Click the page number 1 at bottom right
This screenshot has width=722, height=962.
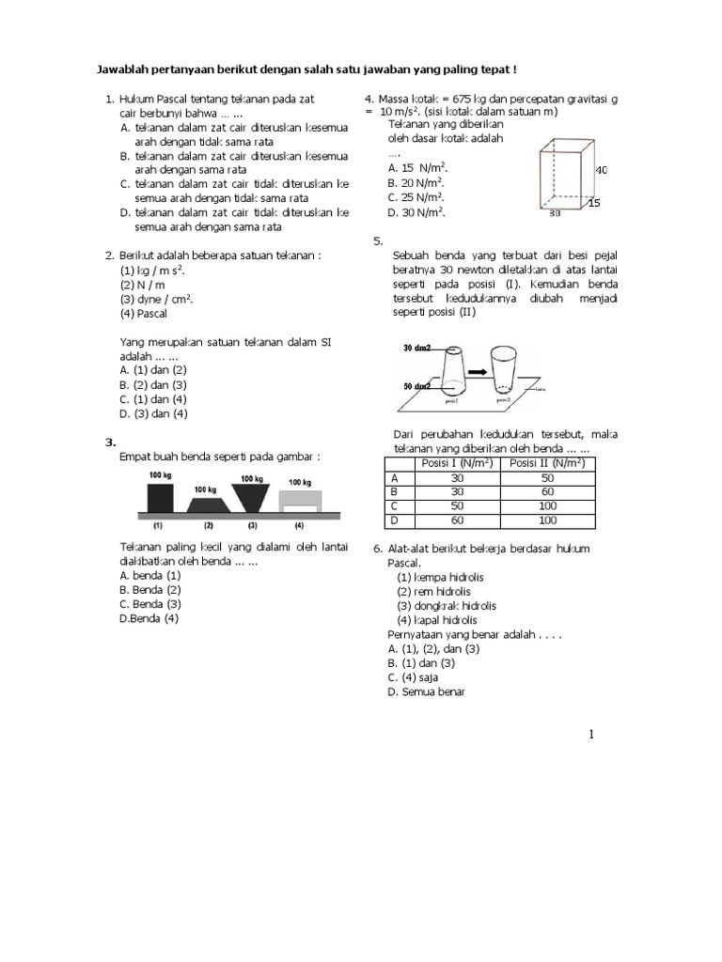[592, 735]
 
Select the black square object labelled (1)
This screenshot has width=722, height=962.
[160, 498]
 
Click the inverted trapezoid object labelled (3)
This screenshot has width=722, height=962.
[252, 498]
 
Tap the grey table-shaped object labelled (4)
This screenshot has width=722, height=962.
[298, 503]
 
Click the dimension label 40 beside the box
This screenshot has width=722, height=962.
[602, 170]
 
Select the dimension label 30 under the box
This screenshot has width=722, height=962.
[557, 213]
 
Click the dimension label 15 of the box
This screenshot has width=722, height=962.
[594, 202]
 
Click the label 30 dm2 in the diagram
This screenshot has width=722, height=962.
[416, 348]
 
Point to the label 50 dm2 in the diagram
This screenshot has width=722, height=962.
[416, 385]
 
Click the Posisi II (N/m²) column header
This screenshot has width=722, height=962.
[547, 463]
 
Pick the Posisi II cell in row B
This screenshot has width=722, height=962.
[547, 491]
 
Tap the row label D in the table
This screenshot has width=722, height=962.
[394, 520]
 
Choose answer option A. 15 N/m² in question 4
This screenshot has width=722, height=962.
[416, 167]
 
